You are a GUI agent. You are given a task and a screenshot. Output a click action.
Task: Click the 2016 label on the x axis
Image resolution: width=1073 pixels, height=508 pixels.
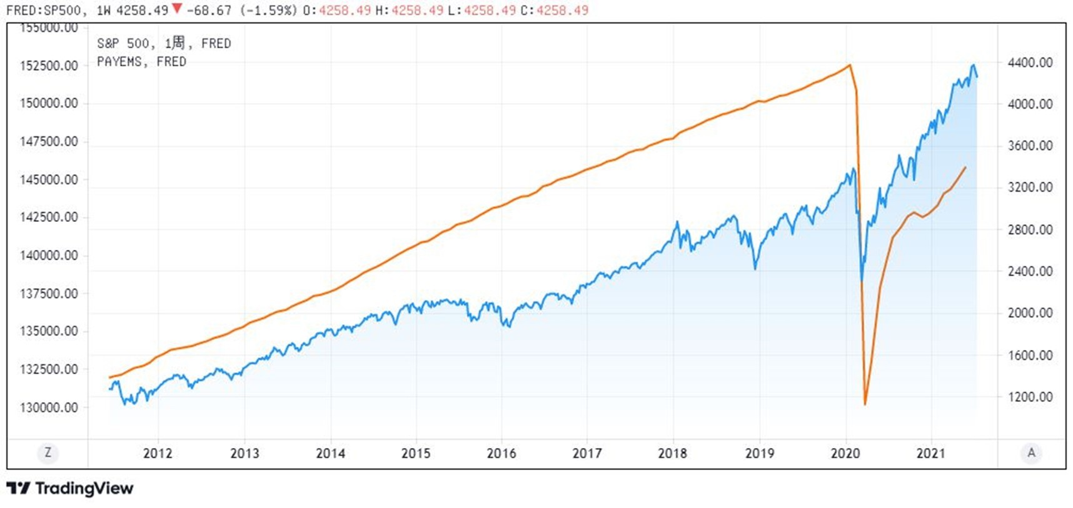tap(501, 453)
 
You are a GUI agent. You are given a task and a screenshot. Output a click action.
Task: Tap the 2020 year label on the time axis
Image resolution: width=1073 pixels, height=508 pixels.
tap(845, 453)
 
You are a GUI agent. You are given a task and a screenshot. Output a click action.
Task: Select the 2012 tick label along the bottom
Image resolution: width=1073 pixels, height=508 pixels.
tap(158, 453)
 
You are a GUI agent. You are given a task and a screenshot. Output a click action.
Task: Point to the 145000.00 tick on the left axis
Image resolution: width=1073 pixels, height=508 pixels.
tap(49, 179)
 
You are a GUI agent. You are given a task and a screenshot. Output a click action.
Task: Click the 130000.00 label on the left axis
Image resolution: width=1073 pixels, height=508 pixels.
tap(49, 407)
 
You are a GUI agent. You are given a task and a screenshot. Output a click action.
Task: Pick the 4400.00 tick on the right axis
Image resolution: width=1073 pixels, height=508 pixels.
tap(1030, 62)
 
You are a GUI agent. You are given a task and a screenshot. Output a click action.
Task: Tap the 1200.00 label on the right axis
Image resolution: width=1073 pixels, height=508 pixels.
tap(1030, 397)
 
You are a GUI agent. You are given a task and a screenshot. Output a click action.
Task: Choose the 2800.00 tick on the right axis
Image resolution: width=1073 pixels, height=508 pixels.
tap(1030, 229)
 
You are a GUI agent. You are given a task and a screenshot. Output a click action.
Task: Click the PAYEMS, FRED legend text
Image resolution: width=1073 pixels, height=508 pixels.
tap(141, 61)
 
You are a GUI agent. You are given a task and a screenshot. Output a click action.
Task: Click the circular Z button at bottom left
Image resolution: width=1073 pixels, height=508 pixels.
tap(48, 452)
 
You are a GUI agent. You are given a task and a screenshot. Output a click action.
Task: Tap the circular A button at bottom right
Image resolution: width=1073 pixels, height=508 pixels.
tap(1031, 452)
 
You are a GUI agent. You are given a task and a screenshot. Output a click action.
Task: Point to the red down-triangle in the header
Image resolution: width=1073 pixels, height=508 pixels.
tap(177, 9)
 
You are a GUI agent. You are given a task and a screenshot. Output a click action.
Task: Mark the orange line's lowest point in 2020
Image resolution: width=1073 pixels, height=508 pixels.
tap(865, 404)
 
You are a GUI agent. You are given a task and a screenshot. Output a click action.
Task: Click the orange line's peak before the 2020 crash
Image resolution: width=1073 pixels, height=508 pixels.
tap(849, 65)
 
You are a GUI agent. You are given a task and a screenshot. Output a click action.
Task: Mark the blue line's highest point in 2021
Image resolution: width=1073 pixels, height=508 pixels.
tap(973, 65)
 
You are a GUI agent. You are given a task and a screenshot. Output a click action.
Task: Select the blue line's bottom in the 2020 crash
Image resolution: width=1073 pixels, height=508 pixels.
tap(862, 281)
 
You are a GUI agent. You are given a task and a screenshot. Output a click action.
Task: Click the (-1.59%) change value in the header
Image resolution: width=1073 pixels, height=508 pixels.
tap(268, 10)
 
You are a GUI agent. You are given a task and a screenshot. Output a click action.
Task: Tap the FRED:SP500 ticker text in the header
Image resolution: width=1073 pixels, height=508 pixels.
tap(43, 10)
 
